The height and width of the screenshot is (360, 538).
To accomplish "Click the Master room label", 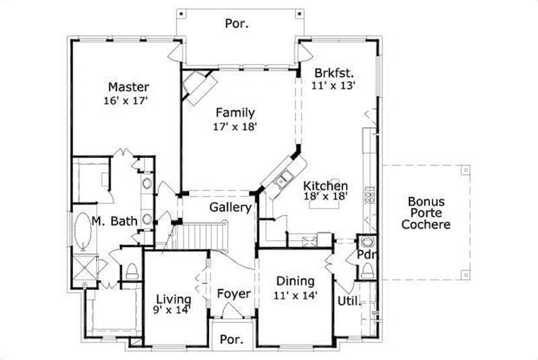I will (128, 87).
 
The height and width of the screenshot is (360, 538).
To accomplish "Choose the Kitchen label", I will (325, 186).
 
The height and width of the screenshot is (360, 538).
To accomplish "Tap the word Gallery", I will (230, 207).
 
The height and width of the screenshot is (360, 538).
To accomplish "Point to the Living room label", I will (174, 299).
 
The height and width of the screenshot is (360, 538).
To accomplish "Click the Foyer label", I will (234, 294).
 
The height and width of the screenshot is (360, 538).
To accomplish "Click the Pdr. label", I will (366, 256).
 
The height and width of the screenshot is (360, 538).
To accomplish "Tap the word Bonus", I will (425, 201).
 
